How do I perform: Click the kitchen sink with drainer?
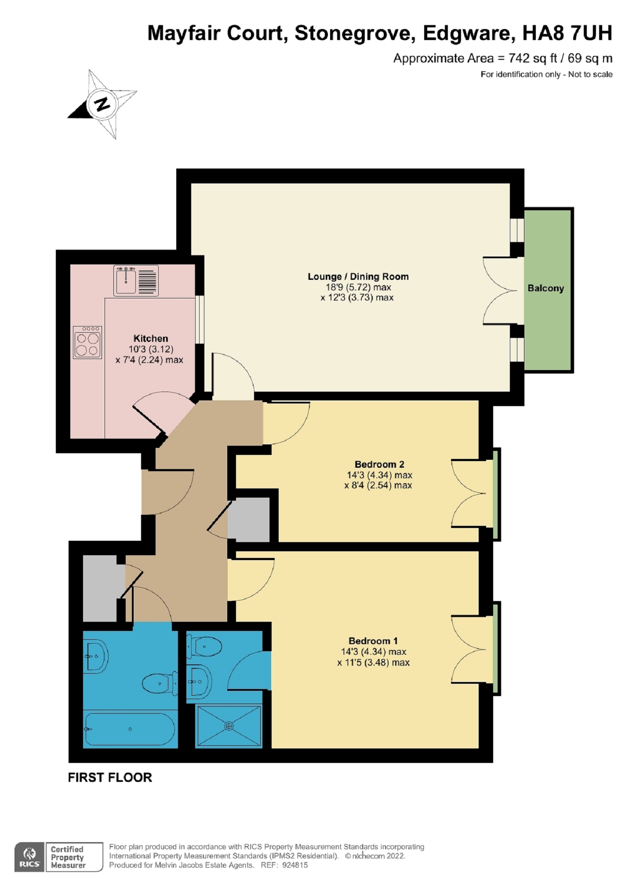point(136,280)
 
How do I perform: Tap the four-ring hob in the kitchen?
point(87,342)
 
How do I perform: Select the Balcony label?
point(545,288)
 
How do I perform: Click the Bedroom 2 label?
point(379,464)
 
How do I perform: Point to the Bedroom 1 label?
point(373,641)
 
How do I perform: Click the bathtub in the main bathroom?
point(130,729)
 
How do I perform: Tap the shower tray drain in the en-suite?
point(229,726)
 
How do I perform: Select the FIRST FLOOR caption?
point(110,777)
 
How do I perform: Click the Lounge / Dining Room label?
point(358,277)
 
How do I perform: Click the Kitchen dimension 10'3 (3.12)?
point(151,349)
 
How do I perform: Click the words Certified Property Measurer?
point(68,857)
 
